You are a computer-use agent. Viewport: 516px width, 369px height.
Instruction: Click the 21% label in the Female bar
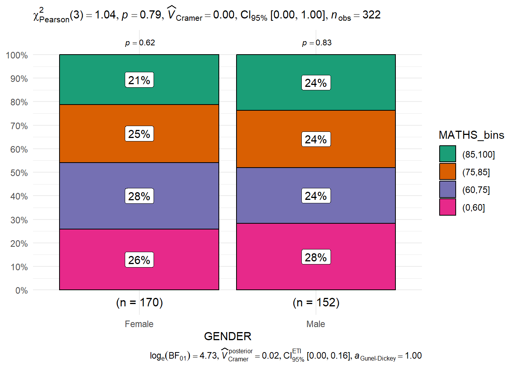coord(139,80)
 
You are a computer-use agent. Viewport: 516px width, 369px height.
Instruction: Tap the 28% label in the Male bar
coord(316,257)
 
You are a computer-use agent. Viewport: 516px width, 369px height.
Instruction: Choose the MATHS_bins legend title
coord(471,135)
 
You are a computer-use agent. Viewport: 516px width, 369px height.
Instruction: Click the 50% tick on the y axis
coord(19,173)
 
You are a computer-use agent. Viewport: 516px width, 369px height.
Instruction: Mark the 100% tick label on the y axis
coord(17,55)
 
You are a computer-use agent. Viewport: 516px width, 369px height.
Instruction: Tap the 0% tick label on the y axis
coord(21,291)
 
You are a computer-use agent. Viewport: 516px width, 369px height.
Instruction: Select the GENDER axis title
coord(228,336)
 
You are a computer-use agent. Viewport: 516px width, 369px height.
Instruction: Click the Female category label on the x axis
coord(139,324)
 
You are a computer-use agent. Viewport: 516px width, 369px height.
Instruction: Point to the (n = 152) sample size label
coord(316,303)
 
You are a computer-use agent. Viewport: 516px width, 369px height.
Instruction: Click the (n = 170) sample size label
coord(139,303)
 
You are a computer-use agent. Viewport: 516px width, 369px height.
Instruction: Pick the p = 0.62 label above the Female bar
coord(140,43)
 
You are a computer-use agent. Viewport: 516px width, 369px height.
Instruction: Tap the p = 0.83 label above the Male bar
coord(317,43)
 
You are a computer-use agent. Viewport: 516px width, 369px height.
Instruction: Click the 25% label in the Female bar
coord(139,134)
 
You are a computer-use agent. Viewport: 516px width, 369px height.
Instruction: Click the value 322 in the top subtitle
coord(371,15)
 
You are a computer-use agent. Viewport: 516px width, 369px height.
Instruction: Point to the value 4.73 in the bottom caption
coord(208,356)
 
